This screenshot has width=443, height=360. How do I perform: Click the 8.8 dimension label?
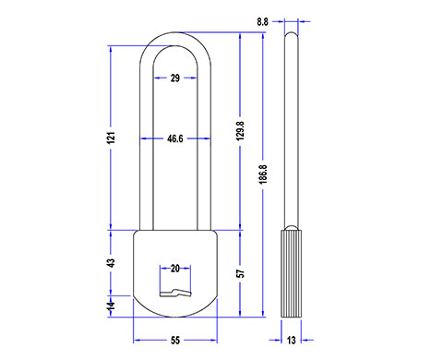click(262, 22)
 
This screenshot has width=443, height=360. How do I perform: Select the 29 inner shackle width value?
click(175, 78)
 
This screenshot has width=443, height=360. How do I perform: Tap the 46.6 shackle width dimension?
click(175, 138)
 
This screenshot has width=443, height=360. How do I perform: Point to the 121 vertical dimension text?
click(112, 138)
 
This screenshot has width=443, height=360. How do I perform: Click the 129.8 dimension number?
click(241, 131)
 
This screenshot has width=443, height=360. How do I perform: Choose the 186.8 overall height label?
click(263, 174)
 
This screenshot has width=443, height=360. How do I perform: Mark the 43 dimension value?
click(111, 263)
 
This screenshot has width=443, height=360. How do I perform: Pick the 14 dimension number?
click(111, 306)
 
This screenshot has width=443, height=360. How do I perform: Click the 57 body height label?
click(241, 273)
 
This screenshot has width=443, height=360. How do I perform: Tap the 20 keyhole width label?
click(175, 269)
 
